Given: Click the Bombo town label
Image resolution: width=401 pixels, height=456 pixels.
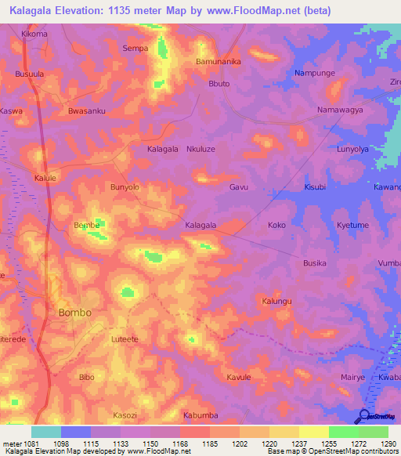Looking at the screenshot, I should point(74,312).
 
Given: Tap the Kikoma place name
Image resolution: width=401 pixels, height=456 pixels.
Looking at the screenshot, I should point(34,34).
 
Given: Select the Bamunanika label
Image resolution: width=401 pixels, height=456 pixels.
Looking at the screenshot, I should point(218,60).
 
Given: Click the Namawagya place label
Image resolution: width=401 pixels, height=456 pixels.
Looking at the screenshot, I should point(339,110).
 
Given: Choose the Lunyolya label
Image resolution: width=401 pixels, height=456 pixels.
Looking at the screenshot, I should point(352,148).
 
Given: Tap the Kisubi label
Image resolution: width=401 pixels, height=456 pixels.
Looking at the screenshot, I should point(315,188).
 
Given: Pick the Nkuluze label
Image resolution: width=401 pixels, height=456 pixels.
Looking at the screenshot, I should point(200,148).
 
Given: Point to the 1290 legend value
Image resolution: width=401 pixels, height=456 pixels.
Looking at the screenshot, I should point(389,443).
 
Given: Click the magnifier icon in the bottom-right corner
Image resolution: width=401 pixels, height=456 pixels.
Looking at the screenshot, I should point(363,416).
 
